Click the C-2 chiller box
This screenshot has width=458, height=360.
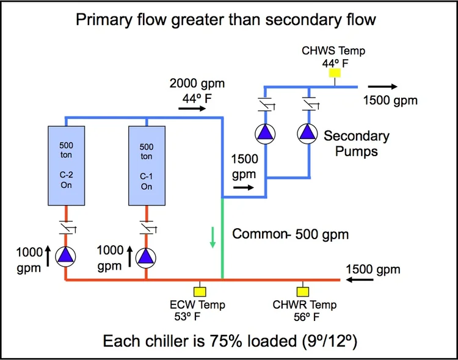[66, 165]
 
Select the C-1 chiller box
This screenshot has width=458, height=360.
[147, 165]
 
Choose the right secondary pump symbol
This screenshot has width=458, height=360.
[307, 133]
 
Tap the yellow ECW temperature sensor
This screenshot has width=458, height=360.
[197, 291]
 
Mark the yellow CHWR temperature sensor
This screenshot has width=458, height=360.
[302, 291]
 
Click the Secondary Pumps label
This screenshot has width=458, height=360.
[357, 143]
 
